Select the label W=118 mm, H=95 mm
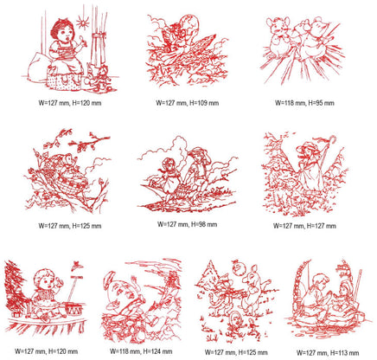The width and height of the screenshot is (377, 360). click(x=304, y=103)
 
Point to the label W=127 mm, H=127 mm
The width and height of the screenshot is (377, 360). click(x=304, y=226)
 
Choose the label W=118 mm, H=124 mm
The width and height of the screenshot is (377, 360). click(x=141, y=351)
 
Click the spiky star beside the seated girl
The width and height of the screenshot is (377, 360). click(x=82, y=22)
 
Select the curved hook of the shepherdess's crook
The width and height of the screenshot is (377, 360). click(x=331, y=138)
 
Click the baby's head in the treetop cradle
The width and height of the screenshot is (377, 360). click(x=69, y=159)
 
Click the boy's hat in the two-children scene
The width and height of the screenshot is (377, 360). click(x=199, y=151)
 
